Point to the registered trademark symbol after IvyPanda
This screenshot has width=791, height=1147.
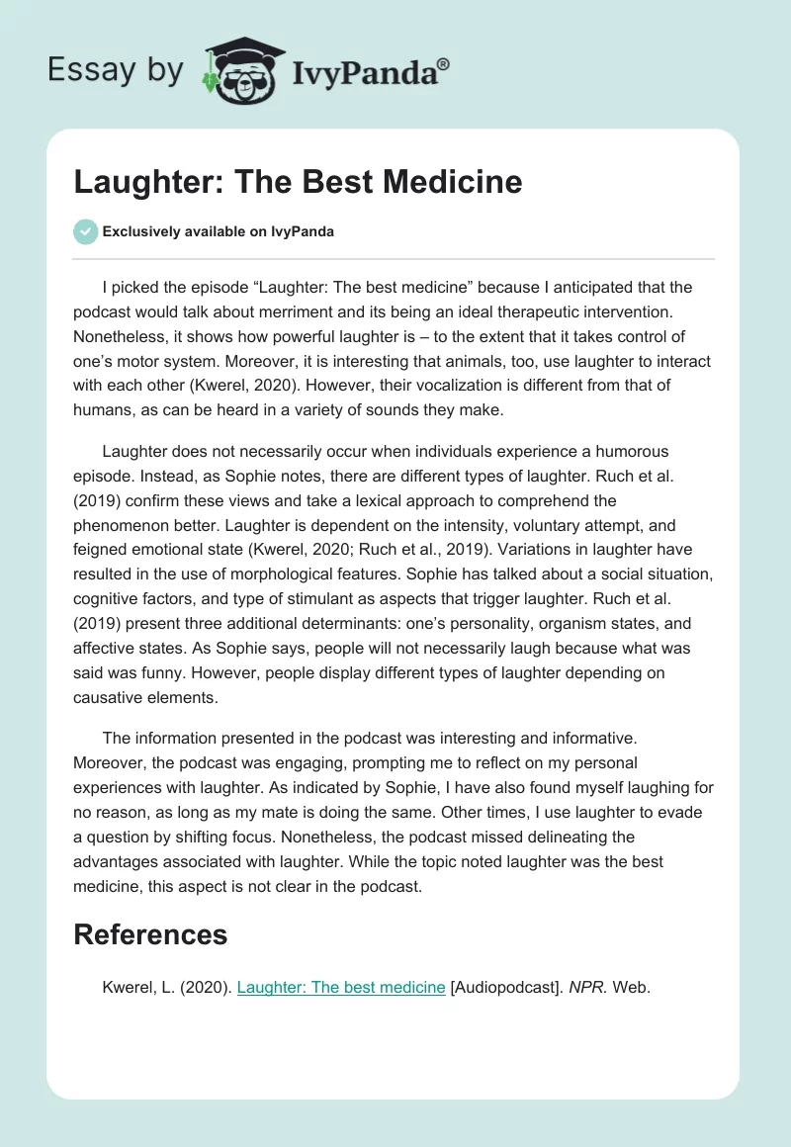point(443,63)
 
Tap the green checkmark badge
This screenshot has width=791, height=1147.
point(85,231)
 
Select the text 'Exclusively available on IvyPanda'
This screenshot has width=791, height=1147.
point(219,232)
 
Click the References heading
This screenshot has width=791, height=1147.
point(150,934)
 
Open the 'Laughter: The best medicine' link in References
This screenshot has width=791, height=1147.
point(342,988)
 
